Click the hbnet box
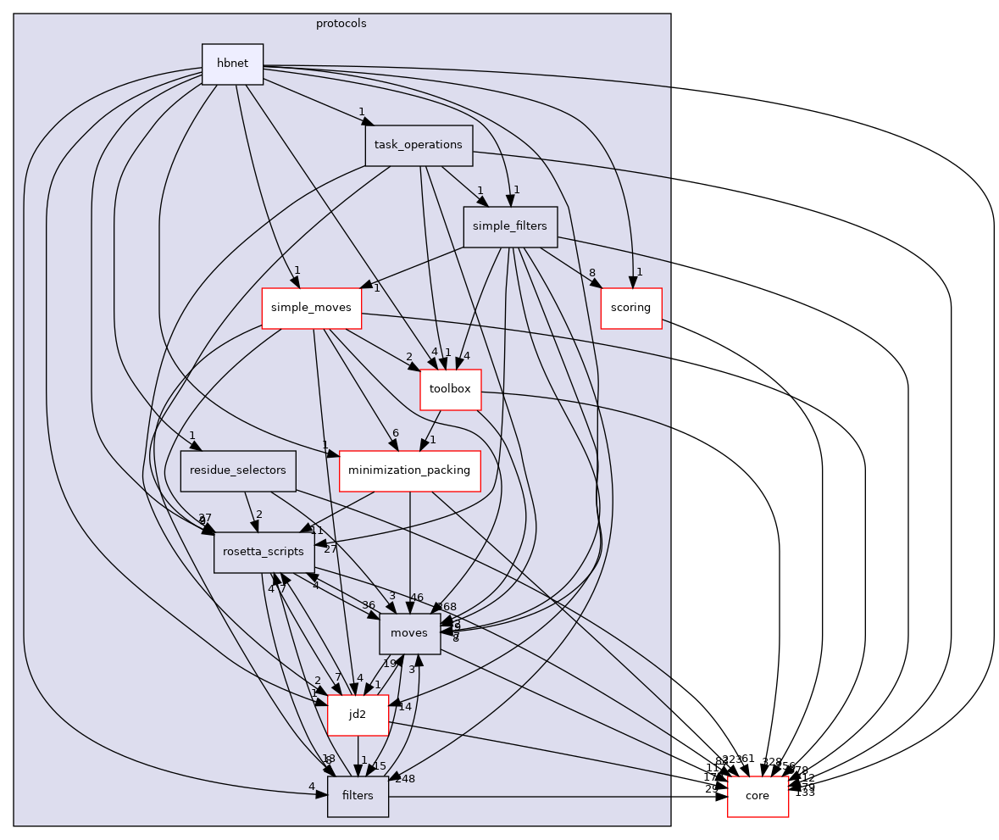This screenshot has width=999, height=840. [232, 64]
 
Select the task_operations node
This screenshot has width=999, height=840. [418, 145]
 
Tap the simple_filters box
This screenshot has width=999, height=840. [510, 227]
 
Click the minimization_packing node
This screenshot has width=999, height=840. [410, 470]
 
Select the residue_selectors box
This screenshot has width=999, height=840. [238, 470]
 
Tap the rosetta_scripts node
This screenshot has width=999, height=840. [264, 552]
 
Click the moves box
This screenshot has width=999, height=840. [410, 633]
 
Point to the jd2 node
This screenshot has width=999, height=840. [358, 715]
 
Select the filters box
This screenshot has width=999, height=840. [358, 796]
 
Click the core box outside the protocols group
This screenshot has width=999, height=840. [758, 796]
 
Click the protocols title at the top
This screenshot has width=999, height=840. [341, 24]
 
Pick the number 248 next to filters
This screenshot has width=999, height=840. [404, 778]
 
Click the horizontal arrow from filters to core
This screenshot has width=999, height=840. [551, 796]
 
